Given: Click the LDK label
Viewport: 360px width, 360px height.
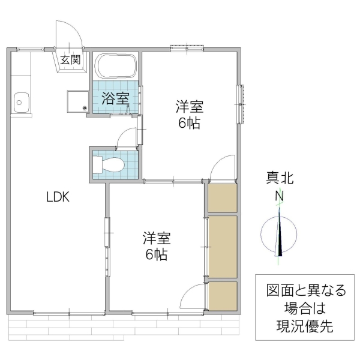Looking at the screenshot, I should point(59,196).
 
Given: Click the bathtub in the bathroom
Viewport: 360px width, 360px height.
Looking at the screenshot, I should point(116,66).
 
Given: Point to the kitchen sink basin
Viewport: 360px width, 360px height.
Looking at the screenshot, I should point(20,103).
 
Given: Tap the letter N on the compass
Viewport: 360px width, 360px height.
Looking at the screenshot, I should point(279,196).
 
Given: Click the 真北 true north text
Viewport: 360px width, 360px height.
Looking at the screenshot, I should point(280,178).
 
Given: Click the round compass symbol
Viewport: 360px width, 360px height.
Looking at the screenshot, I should point(280,235).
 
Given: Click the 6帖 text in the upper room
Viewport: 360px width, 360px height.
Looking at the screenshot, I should point(189,124).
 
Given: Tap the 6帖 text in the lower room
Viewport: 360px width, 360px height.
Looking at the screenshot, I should point(156,254).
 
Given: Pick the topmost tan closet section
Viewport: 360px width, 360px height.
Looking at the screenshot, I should point(222,198).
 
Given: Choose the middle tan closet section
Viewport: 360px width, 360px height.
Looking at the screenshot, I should point(222,246).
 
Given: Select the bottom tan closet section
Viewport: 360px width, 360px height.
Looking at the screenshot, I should point(222,295).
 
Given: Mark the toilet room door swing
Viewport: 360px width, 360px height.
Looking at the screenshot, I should point(127,137).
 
